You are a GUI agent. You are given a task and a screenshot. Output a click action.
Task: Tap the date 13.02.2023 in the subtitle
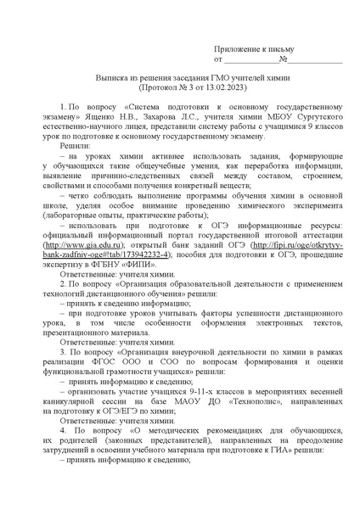tap(233, 87)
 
